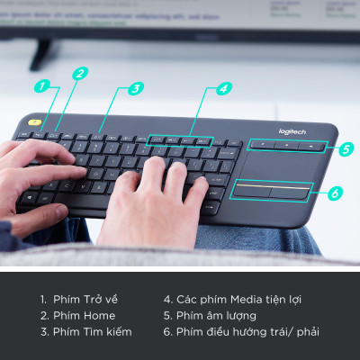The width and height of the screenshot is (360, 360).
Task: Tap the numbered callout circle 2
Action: click(x=80, y=74)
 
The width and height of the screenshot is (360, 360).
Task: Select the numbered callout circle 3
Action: click(x=135, y=88)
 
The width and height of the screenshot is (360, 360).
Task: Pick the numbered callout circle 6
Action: click(x=334, y=193)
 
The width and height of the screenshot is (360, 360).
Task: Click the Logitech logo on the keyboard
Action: click(x=292, y=131)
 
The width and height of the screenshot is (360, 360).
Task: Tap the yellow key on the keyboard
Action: click(x=34, y=121)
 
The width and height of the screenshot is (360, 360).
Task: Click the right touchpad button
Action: click(x=290, y=193)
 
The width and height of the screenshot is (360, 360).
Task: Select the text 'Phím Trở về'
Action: click(x=78, y=299)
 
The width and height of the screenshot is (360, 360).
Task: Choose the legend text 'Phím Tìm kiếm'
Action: click(x=85, y=331)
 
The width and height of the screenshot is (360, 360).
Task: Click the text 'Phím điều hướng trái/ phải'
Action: click(x=240, y=331)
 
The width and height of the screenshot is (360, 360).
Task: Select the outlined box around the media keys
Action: click(x=181, y=140)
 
